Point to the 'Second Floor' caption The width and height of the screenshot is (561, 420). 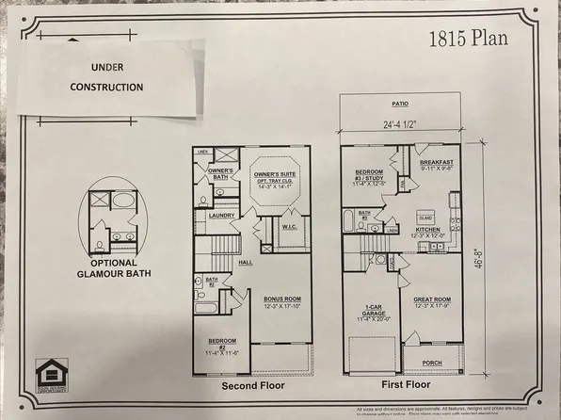[x=253, y=386]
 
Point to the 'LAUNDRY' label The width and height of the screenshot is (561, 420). [x=220, y=216]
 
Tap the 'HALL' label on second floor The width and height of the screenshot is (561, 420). [x=245, y=263]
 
